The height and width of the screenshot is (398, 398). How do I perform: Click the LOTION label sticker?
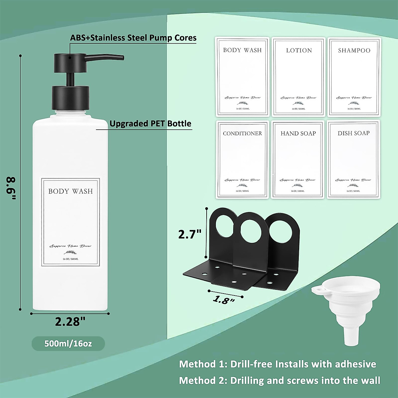[x=299, y=77]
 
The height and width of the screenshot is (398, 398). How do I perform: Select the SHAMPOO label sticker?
[x=354, y=77]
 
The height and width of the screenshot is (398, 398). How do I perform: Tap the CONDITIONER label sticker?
[x=242, y=159]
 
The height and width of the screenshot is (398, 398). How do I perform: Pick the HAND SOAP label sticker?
[x=298, y=159]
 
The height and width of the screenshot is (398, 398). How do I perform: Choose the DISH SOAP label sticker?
[x=354, y=159]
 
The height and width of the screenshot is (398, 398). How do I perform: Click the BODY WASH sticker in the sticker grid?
[x=242, y=77]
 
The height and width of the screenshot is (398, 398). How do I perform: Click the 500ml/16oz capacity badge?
[x=68, y=344]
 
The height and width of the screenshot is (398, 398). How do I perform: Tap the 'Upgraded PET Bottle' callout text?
[x=150, y=124]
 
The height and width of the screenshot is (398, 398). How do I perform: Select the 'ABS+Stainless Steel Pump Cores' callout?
[x=133, y=38]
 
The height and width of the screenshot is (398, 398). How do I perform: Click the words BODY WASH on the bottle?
[x=70, y=191]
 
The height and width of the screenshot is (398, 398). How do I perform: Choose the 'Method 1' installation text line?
[x=278, y=364]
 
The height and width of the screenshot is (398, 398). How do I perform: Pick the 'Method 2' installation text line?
[x=280, y=380]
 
